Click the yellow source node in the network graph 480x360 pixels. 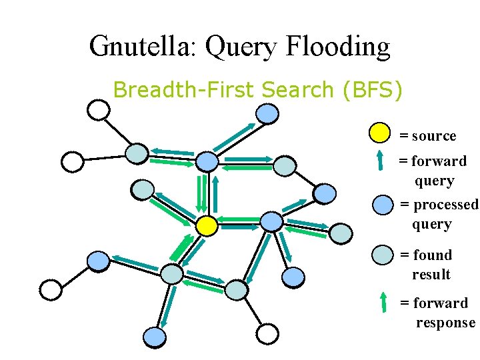[x=207, y=226]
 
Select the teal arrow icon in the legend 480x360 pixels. [x=380, y=160]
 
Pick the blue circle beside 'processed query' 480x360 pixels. [x=383, y=205]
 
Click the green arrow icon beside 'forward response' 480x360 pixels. [x=383, y=302]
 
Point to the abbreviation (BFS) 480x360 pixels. [x=371, y=89]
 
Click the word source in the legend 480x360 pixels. [x=434, y=136]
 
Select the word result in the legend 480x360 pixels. [x=431, y=275]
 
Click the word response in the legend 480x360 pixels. [x=445, y=323]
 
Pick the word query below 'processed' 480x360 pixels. [x=432, y=224]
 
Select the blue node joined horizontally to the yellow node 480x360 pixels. [x=271, y=221]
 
